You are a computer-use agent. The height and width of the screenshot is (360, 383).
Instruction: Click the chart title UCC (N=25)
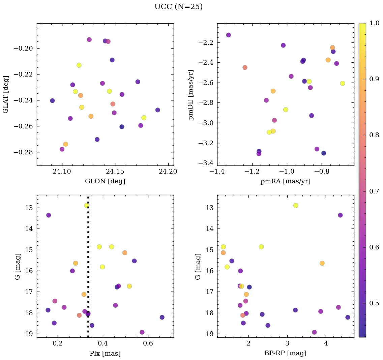pos(178,7)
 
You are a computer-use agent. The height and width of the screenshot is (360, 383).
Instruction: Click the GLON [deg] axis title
pos(105,181)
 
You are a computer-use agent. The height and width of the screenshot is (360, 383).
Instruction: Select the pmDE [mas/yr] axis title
pos(191,95)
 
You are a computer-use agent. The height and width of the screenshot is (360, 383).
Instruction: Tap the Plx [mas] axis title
pos(105,354)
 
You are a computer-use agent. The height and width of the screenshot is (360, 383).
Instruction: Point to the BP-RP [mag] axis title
pos(286,354)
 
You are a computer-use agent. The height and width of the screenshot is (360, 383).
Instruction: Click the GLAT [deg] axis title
pos(6,94)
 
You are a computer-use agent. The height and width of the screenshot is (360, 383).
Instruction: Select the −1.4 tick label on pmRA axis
pos(217,172)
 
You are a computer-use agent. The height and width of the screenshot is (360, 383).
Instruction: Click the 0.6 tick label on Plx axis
pos(148,344)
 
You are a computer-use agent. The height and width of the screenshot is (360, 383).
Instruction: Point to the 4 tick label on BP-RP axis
pos(326,344)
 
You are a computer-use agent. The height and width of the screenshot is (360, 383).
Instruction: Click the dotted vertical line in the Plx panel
pos(88,270)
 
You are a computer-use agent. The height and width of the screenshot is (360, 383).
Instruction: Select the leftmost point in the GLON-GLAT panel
pos(52,101)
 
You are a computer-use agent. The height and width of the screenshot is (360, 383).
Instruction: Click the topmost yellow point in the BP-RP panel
pos(296,205)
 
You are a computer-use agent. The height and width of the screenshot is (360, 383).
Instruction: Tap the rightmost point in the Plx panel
pos(162,317)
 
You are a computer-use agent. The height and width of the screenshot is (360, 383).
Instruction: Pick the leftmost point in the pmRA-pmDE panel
pos(228,35)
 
